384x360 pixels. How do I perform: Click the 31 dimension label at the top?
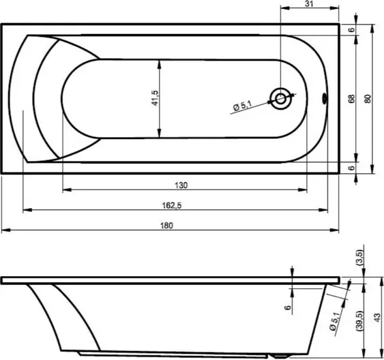click(309, 3)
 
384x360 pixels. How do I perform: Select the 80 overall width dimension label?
click(368, 99)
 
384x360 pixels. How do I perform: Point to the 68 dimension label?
click(351, 99)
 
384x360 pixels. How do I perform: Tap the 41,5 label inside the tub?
click(155, 98)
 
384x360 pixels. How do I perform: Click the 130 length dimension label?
click(181, 185)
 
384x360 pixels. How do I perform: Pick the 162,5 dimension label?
click(172, 206)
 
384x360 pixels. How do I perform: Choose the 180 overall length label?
click(166, 226)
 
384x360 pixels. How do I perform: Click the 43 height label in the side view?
click(377, 318)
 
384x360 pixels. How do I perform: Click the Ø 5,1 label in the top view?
click(242, 106)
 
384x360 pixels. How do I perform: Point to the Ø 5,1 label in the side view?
click(335, 321)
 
